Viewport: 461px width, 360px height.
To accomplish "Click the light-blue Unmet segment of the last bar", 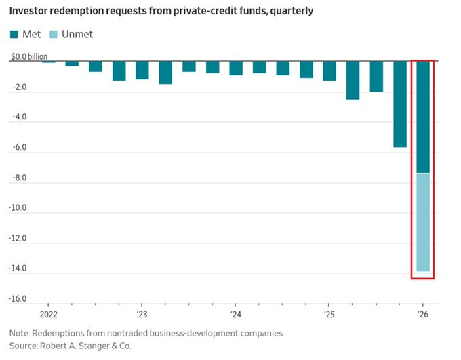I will pos(422,222).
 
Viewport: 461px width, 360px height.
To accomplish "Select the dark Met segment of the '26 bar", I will pos(422,117).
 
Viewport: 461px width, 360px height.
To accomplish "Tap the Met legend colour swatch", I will pos(14,34).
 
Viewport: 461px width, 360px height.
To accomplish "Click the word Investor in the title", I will pos(31,12).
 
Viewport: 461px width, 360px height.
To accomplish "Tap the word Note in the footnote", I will pos(20,334).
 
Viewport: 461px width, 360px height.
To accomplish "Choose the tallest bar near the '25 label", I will pos(353,80).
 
